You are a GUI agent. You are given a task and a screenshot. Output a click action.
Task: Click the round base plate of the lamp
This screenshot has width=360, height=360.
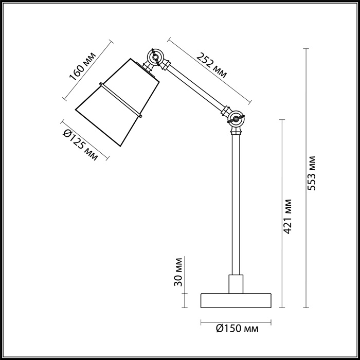[236, 300]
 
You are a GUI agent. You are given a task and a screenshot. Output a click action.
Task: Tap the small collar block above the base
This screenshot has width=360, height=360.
[236, 283]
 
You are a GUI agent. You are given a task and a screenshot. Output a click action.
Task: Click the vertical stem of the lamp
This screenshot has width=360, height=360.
[236, 206]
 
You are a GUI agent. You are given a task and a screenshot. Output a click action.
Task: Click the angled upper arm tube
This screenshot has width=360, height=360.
[195, 88]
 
